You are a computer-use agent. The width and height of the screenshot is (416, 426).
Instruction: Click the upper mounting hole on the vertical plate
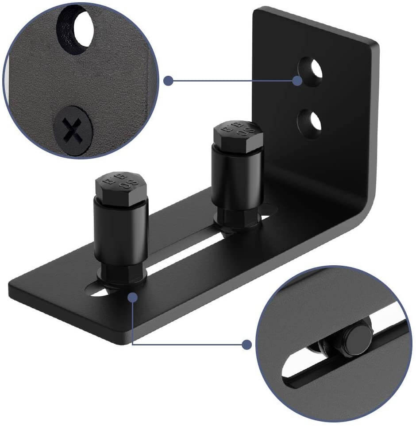(x=311, y=71)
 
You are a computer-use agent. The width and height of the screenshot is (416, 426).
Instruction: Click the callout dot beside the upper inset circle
(x=168, y=81)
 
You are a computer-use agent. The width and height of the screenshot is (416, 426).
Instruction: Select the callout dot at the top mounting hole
(x=297, y=81)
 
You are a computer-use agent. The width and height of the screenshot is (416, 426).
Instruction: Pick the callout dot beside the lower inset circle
(x=247, y=344)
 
